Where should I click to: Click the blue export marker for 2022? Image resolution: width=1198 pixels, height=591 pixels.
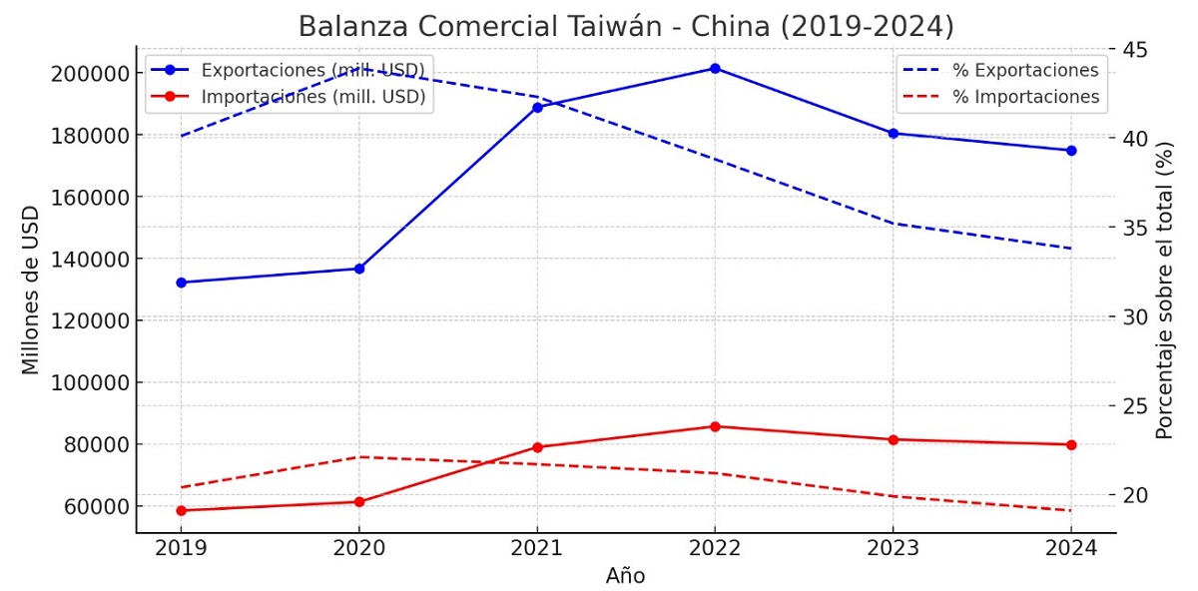(x=715, y=68)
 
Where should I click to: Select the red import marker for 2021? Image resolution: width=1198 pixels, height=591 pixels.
(x=537, y=447)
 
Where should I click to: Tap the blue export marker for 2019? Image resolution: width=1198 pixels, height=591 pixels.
(x=181, y=283)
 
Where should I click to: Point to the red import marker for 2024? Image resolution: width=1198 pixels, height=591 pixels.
(x=1071, y=444)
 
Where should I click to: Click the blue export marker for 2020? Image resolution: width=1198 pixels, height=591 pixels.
(x=359, y=269)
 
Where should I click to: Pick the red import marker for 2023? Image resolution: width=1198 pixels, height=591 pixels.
(x=893, y=439)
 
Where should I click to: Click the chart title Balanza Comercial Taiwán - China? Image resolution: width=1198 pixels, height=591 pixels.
(x=626, y=26)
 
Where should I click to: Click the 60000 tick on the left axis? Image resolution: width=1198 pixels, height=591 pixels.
(x=96, y=506)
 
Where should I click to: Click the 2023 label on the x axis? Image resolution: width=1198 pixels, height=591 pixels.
(x=893, y=549)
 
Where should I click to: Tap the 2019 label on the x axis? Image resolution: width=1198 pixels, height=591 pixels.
(x=181, y=549)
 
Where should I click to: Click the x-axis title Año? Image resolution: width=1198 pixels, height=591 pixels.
(x=625, y=576)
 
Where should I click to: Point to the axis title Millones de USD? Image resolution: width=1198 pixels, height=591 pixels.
(x=31, y=290)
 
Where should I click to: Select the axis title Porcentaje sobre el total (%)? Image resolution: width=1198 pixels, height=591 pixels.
(x=1164, y=290)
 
